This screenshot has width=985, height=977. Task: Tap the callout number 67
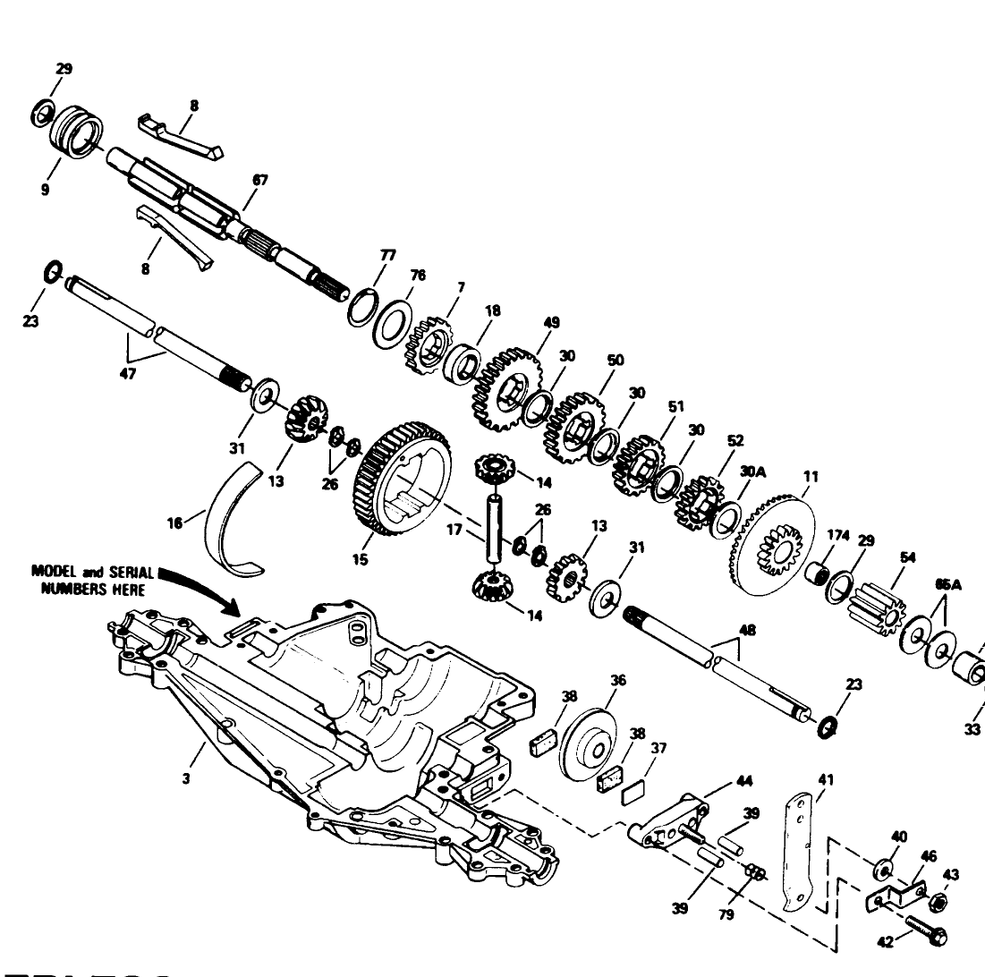[260, 180]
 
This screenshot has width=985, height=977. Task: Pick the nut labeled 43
[938, 900]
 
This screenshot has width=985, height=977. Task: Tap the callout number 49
[551, 321]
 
